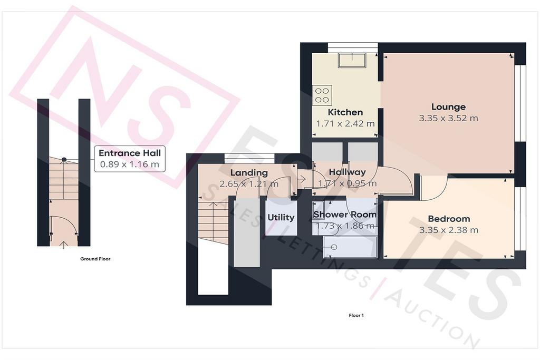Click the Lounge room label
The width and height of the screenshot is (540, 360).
[x=448, y=106]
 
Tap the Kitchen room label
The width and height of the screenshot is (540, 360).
[x=345, y=112]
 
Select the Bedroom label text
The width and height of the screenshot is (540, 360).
[x=449, y=219]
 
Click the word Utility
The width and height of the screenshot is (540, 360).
[x=281, y=218]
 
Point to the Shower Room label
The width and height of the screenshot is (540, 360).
[x=345, y=215]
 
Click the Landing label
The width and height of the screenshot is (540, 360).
[x=249, y=173]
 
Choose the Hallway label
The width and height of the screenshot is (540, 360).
[x=347, y=172]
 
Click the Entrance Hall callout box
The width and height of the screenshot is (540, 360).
[x=130, y=159]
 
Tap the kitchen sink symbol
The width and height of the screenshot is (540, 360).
[x=352, y=60]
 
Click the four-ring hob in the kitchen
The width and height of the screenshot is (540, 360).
[x=322, y=95]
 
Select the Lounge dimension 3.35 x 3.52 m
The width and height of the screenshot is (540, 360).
[x=448, y=118]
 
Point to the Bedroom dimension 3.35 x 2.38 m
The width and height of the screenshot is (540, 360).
[x=449, y=230]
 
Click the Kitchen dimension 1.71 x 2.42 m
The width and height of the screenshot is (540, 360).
[x=345, y=123]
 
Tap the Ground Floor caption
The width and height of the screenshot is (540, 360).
[x=95, y=259]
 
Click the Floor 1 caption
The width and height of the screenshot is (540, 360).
[x=356, y=315]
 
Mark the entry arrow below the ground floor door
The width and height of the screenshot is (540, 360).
[x=64, y=245]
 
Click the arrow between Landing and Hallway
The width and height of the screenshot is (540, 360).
[x=301, y=179]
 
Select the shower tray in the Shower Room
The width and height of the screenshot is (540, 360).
[x=350, y=247]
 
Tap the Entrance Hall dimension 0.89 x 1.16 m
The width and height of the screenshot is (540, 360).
[x=130, y=164]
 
